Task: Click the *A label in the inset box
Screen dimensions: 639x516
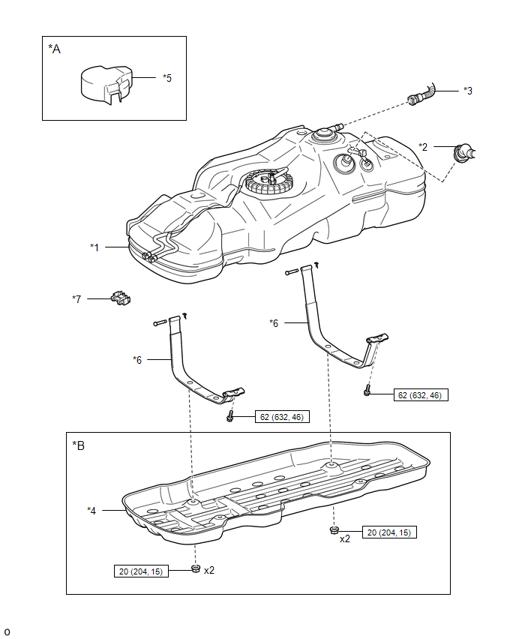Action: click(x=54, y=49)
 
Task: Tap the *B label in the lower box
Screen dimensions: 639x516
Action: click(x=78, y=445)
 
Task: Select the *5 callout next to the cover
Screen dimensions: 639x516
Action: click(x=167, y=77)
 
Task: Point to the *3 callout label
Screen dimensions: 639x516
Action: click(x=467, y=91)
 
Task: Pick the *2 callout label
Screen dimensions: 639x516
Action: click(x=424, y=148)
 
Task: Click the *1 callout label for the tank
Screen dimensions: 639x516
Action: click(x=95, y=246)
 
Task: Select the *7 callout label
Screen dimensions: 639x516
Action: click(x=76, y=299)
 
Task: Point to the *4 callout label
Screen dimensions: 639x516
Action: click(x=91, y=510)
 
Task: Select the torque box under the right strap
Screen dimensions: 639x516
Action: click(x=420, y=394)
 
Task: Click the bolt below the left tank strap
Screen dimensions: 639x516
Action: click(x=230, y=416)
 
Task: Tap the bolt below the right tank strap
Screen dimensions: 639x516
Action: click(x=367, y=391)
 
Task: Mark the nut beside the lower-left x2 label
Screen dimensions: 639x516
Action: click(x=195, y=570)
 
